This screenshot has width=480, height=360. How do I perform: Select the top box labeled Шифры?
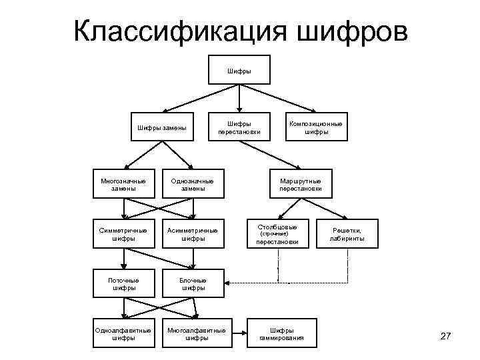click(239, 69)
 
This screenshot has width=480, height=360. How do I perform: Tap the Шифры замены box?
click(161, 127)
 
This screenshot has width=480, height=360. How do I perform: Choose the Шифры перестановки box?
click(239, 127)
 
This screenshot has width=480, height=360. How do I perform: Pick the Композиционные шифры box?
click(316, 127)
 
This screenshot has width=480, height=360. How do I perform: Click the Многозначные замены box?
click(123, 185)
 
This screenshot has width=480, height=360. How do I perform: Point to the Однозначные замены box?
click(193, 185)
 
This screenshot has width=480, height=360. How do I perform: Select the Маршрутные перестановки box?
click(300, 185)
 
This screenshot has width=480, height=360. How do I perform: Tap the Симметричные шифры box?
click(123, 234)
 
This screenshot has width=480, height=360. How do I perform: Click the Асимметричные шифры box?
click(193, 234)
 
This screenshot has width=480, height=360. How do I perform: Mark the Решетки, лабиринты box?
click(347, 234)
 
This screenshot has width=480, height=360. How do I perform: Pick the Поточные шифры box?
click(123, 284)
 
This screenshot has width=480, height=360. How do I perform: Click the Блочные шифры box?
click(193, 284)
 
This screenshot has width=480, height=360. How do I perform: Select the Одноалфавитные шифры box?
click(123, 333)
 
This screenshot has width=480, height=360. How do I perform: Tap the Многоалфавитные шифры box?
click(196, 333)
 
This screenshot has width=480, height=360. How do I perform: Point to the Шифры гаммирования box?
click(281, 333)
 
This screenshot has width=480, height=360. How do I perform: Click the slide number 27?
click(446, 335)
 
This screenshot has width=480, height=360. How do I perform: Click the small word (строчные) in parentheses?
click(274, 235)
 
